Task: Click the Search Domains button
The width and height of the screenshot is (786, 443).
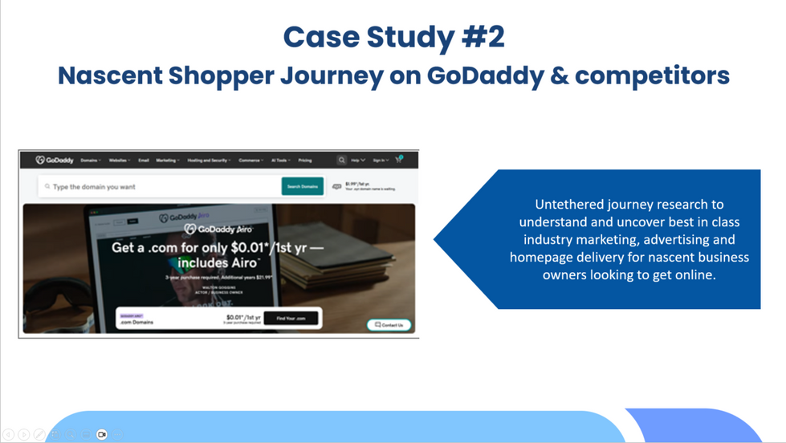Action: [x=303, y=186]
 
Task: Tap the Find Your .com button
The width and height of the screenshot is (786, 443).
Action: [x=291, y=319]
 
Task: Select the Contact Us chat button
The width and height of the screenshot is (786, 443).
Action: [x=390, y=325]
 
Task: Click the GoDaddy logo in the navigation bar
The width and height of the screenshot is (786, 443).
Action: [x=55, y=161]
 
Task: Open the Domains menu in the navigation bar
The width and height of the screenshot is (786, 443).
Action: [x=91, y=161]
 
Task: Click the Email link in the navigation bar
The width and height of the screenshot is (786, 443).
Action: [x=144, y=161]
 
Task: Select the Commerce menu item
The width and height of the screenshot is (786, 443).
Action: [x=251, y=161]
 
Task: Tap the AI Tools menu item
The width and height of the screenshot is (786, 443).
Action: [x=282, y=161]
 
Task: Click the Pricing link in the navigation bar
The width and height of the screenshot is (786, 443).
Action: [x=305, y=161]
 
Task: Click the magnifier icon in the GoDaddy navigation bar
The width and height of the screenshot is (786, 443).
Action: [x=341, y=161]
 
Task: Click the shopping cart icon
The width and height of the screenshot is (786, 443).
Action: [x=398, y=160]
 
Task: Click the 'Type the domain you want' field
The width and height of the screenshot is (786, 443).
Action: [x=161, y=186]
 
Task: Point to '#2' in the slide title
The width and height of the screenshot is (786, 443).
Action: [x=478, y=37]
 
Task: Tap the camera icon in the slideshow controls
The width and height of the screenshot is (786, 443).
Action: [x=102, y=434]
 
